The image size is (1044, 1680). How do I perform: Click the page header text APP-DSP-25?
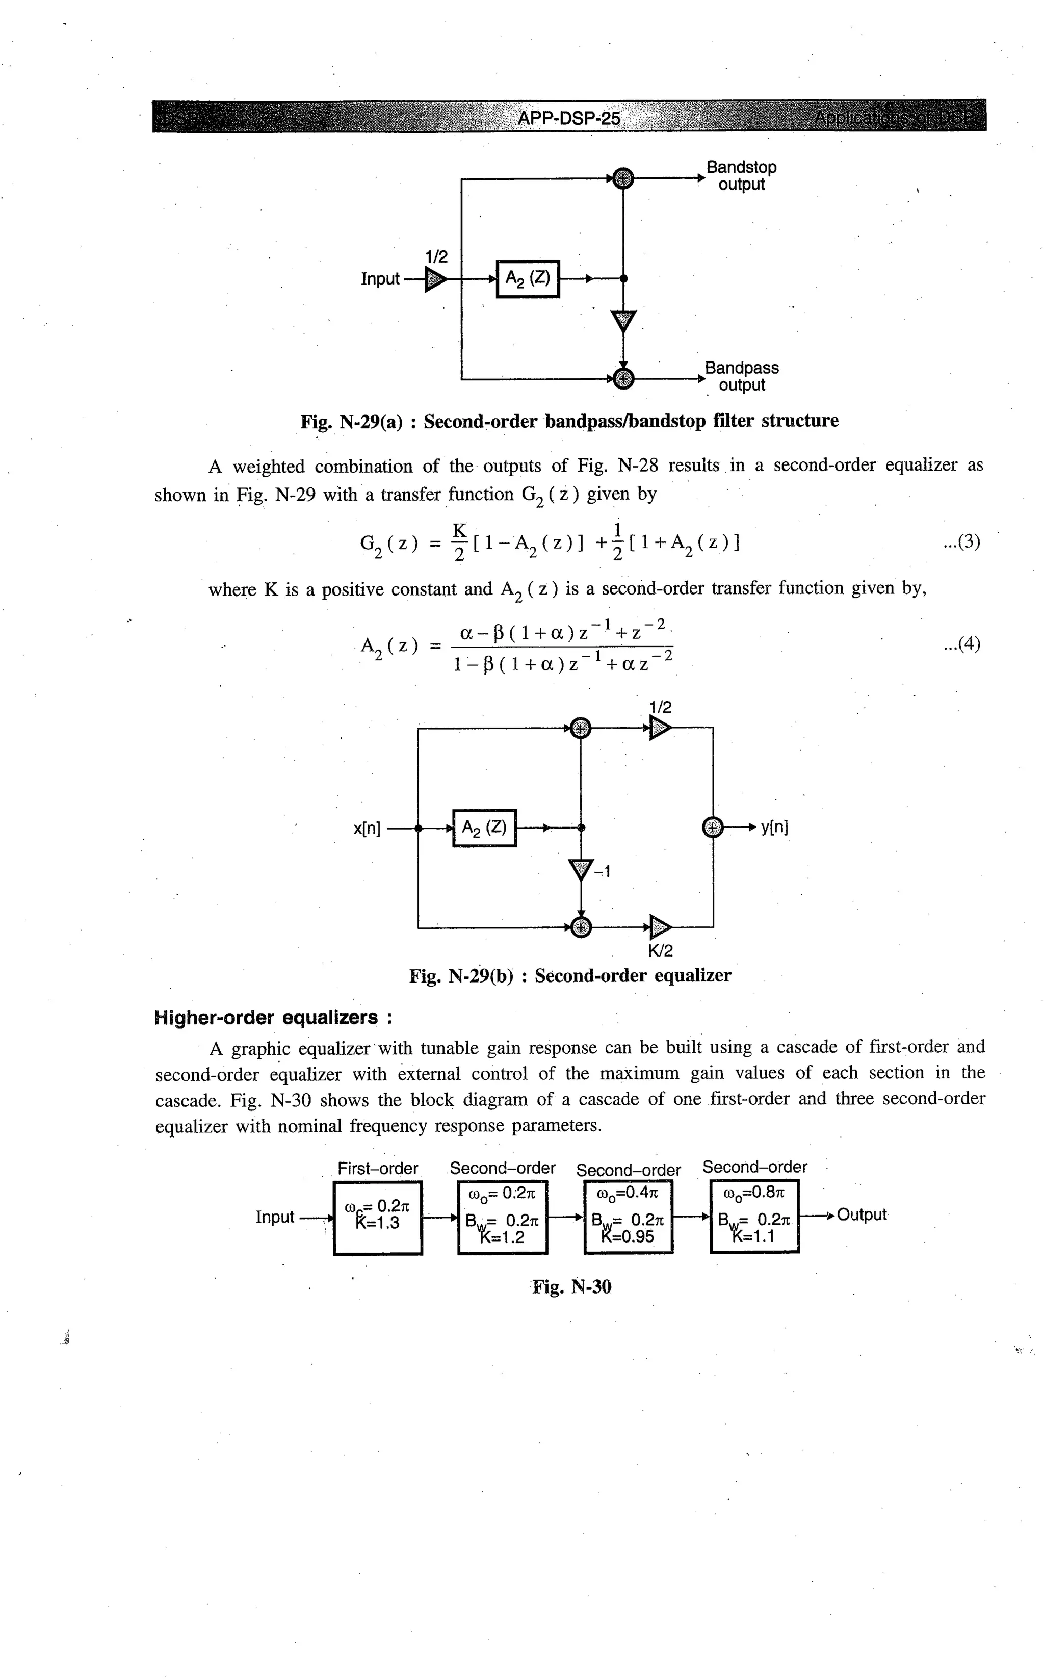coord(568,119)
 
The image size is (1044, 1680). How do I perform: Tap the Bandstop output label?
coord(741,176)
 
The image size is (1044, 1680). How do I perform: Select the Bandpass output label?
coord(742,376)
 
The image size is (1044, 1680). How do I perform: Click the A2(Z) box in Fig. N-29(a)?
coord(528,278)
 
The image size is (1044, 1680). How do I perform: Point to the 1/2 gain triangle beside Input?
coord(435,279)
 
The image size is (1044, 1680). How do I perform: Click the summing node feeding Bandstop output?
coord(623,178)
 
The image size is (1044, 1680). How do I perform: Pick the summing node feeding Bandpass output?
coord(623,378)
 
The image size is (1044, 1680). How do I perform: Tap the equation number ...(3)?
coord(961,542)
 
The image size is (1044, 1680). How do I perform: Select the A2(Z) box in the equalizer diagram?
coord(484,827)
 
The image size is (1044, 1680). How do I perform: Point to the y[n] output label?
coord(775,826)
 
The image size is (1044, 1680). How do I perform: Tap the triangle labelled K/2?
coord(660,926)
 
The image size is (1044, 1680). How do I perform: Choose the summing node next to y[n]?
coord(712,826)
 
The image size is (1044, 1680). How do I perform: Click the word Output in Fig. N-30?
coord(861,1214)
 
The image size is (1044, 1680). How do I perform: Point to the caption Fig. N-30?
coord(571,1287)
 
